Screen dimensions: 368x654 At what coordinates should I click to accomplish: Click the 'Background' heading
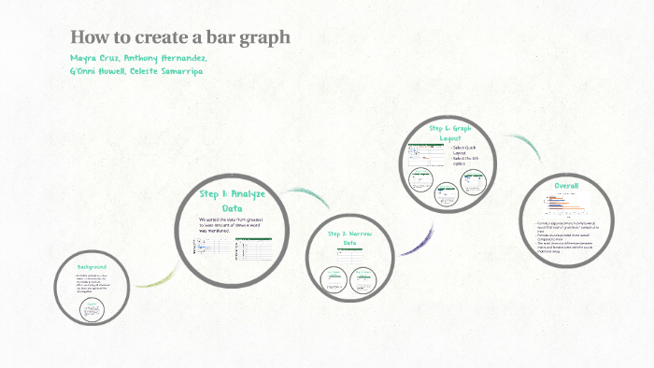pos(92,268)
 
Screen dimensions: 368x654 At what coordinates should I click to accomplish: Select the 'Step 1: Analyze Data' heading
pos(233,201)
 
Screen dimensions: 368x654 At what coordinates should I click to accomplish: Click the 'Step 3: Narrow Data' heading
pos(349,237)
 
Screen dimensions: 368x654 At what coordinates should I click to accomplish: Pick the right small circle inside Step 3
pos(364,279)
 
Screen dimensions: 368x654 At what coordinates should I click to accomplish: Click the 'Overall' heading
pos(566,185)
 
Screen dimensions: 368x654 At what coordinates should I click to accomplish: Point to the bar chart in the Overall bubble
pos(566,205)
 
